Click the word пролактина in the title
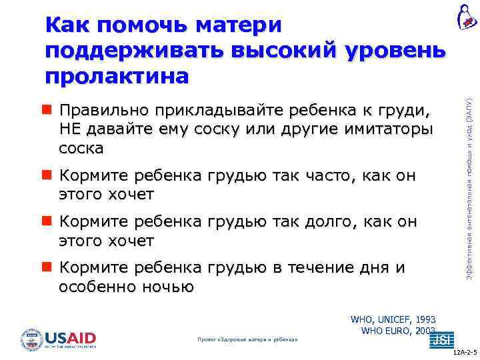(x=117, y=76)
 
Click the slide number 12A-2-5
(x=465, y=353)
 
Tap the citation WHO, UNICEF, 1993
(x=393, y=320)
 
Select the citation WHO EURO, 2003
(x=397, y=331)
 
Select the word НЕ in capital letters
(x=69, y=128)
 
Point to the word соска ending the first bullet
(x=81, y=147)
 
